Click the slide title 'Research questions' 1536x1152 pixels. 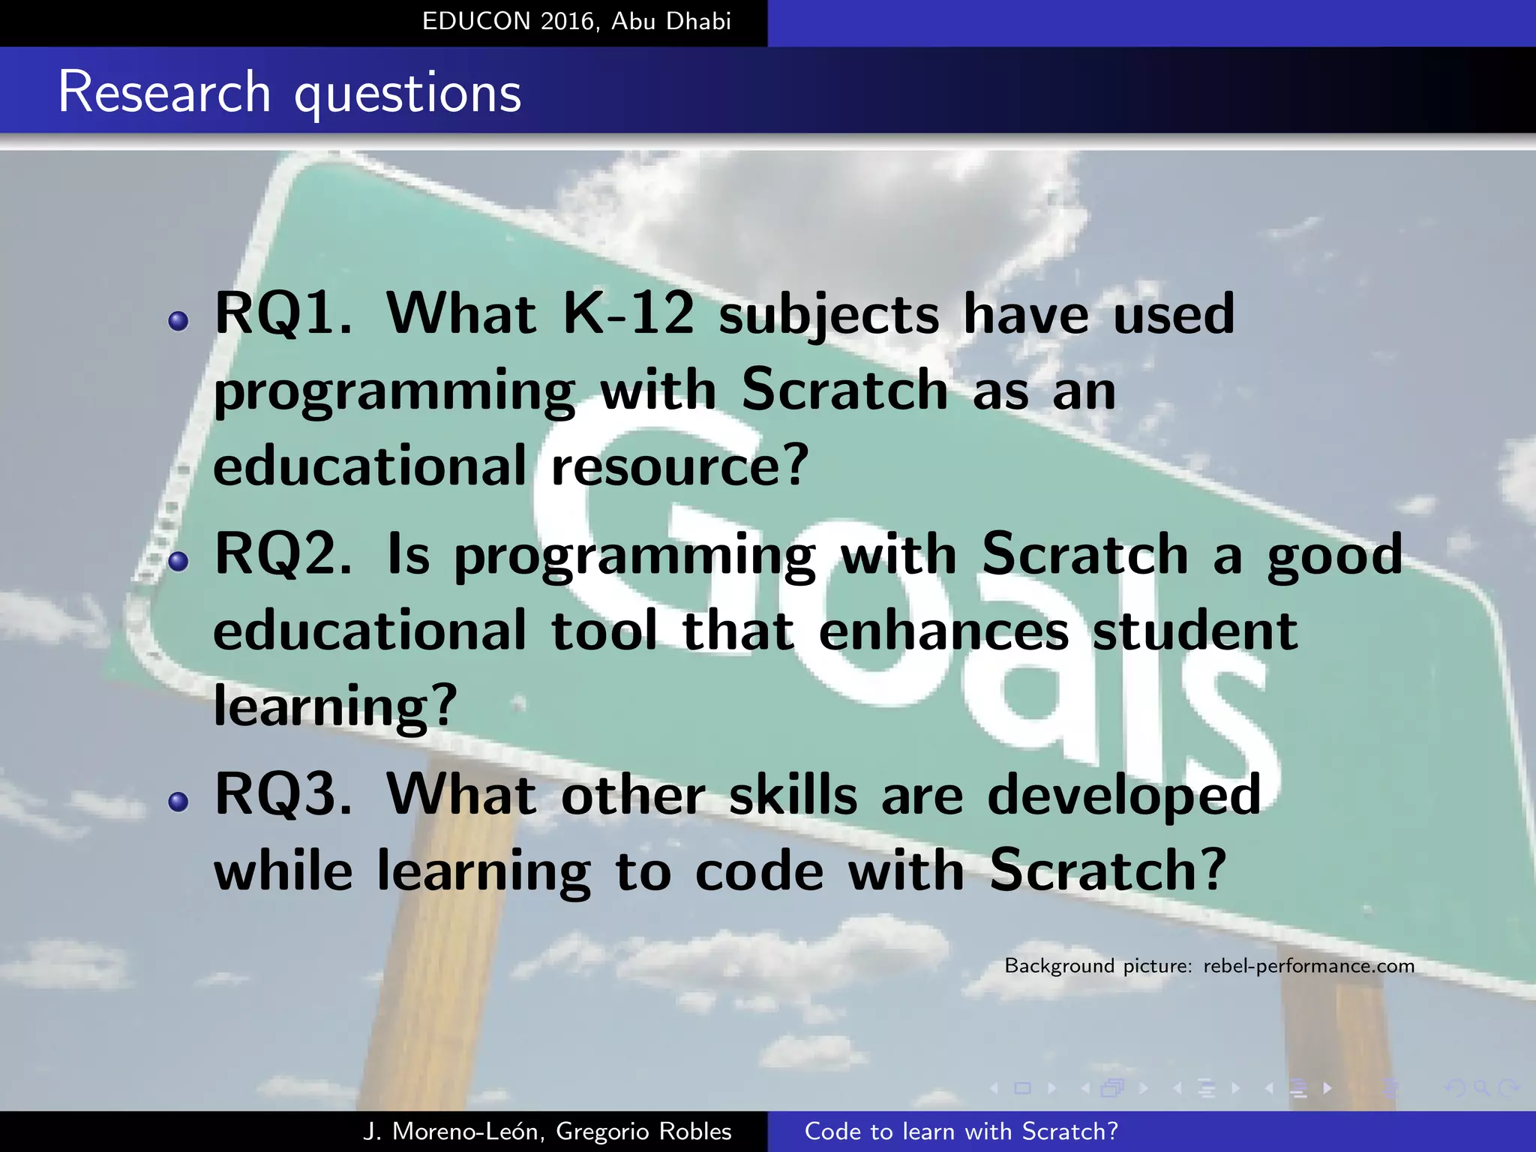point(289,93)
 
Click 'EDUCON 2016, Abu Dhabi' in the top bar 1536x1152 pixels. point(576,21)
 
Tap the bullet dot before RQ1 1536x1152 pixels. point(178,322)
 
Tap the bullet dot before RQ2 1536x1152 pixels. point(178,561)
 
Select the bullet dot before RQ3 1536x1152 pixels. point(178,802)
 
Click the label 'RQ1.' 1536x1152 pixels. point(283,313)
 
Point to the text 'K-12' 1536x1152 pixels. point(628,313)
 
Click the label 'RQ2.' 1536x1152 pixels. point(283,555)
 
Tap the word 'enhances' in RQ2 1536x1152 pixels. point(943,631)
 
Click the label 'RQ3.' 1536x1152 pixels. point(283,795)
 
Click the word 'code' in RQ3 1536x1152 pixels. point(759,871)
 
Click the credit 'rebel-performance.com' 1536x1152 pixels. point(1309,966)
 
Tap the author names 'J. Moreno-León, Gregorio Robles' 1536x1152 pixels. point(547,1132)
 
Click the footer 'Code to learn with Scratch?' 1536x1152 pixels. point(961,1132)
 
